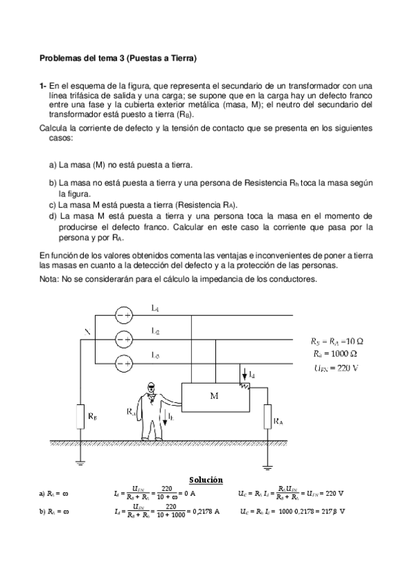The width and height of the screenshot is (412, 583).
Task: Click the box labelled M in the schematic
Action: pos(214,397)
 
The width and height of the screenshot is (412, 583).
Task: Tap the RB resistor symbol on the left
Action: pos(80,415)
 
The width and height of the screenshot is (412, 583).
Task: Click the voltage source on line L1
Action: pos(124,315)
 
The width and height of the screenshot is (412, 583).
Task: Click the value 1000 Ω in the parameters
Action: pos(339,353)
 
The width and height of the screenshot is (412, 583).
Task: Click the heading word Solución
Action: pos(206,479)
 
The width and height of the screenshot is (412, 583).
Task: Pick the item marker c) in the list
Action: pos(53,205)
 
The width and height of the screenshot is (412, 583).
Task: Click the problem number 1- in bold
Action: pos(43,85)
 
